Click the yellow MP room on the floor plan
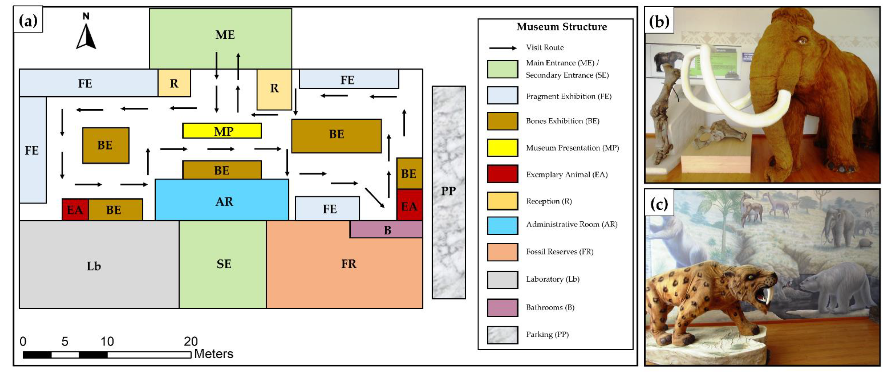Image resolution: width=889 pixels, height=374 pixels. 222,131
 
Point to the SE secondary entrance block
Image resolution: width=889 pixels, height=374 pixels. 223,264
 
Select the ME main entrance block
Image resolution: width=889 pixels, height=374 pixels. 221,34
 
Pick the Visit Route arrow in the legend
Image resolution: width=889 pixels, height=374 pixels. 502,48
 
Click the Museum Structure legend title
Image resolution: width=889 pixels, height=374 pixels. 561,27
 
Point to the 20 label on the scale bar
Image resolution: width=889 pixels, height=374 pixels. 190,341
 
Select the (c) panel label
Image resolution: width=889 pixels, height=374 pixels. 659,204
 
